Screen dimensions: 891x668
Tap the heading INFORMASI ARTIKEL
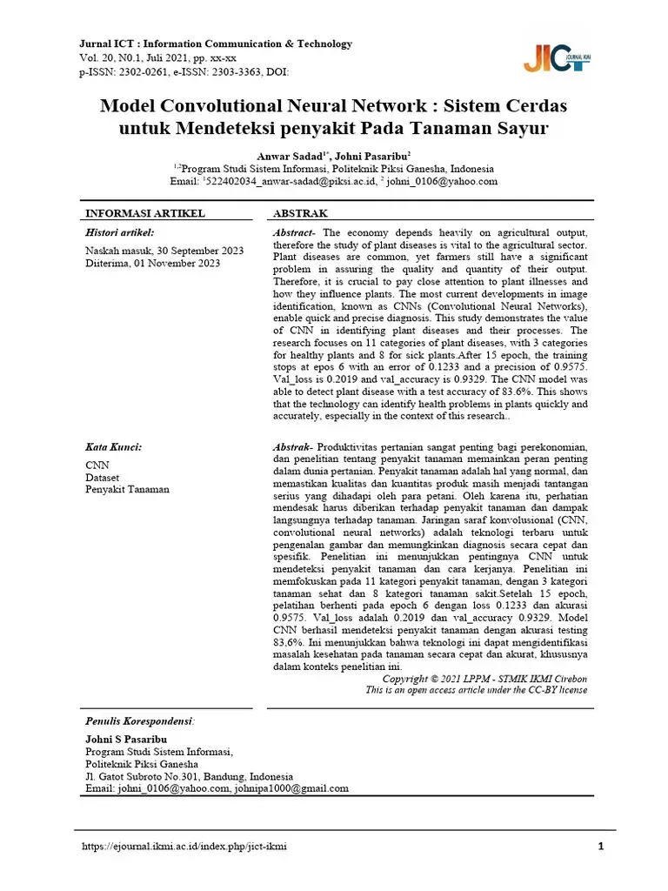[144, 213]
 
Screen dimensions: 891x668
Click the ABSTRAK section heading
[300, 213]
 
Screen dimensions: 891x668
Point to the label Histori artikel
[119, 232]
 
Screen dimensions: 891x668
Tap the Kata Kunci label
[113, 447]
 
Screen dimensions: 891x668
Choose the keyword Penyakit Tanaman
[127, 489]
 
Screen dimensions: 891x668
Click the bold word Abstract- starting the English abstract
[296, 233]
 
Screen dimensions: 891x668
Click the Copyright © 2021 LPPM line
[484, 678]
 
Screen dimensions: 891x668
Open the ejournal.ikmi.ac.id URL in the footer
[184, 846]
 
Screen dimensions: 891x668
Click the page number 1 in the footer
[601, 846]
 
